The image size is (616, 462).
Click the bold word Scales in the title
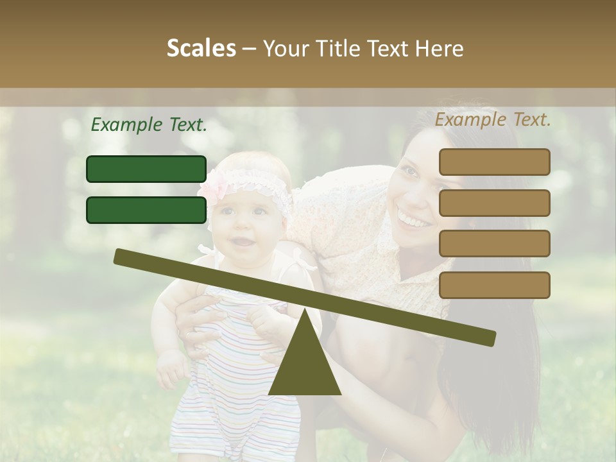tap(201, 48)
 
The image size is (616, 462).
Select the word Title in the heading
tap(342, 48)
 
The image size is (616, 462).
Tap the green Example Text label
tap(149, 124)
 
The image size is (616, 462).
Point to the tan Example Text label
tap(493, 119)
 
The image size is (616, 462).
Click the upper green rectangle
tap(146, 169)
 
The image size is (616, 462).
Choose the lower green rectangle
tap(146, 210)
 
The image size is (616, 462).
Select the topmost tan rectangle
tap(494, 162)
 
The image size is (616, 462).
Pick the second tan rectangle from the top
tap(494, 203)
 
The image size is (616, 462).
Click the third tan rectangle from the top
tap(494, 243)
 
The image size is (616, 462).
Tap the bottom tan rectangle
tap(494, 285)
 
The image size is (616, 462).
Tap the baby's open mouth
tap(241, 243)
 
